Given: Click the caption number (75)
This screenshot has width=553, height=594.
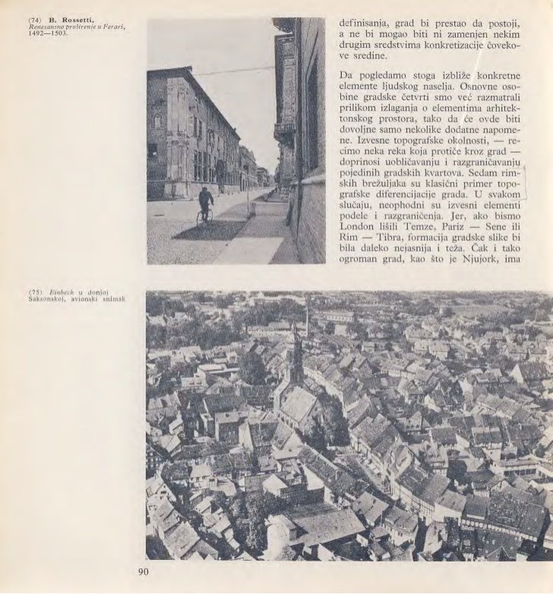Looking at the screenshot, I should [x=33, y=292].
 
